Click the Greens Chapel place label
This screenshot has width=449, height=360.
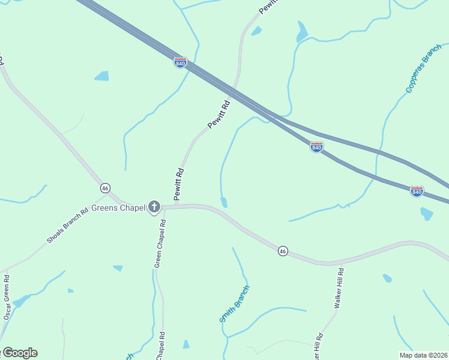[x=118, y=208]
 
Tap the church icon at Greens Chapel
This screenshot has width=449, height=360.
[x=154, y=208]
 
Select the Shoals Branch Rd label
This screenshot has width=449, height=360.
[x=68, y=226]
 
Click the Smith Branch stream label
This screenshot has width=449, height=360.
[x=234, y=304]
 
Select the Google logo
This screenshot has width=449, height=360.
[x=19, y=353]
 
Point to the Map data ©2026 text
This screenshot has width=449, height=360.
[x=423, y=355]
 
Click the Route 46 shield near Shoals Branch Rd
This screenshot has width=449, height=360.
[x=105, y=188]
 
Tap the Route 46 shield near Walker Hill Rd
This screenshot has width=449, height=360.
[x=282, y=251]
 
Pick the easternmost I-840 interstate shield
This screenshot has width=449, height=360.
[x=417, y=191]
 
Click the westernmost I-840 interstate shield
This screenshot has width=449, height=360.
[x=180, y=62]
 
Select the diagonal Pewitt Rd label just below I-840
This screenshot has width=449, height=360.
[x=219, y=114]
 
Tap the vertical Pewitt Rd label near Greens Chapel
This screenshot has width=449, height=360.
[x=179, y=184]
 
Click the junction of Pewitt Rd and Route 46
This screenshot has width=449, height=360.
[x=176, y=206]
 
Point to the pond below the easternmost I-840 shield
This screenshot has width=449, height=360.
[x=426, y=213]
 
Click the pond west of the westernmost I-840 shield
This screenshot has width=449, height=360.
[x=102, y=76]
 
